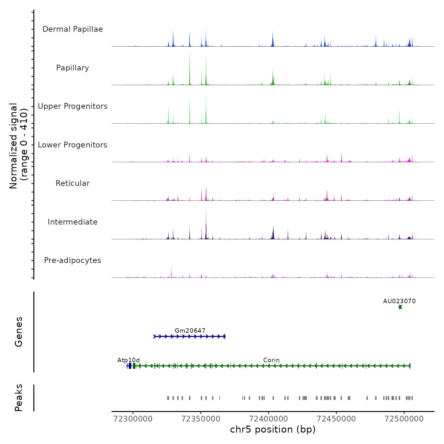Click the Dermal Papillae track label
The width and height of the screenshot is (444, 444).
coord(73,29)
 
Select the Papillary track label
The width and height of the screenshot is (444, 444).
coord(73,68)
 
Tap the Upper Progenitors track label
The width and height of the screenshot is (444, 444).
coord(73,106)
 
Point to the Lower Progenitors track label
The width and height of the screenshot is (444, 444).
coord(73,145)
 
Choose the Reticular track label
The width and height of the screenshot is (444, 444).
coord(73,183)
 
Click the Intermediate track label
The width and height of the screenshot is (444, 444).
coord(73,222)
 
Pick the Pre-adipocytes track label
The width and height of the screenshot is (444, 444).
coord(73,260)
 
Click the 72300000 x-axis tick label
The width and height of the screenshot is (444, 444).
coord(133,419)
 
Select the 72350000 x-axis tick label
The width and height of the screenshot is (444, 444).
coord(201,419)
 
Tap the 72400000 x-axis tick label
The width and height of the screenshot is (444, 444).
coord(269,419)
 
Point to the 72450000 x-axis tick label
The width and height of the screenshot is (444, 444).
coord(336,419)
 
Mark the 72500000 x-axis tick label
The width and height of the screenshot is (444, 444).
coord(404,419)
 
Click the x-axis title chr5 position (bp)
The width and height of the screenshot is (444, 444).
coord(273,430)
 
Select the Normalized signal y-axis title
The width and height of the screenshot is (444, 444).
coord(18,146)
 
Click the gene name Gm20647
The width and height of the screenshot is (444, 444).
coord(190,331)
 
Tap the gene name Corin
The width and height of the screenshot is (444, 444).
coord(271,360)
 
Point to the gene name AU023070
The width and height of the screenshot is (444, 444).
coord(399,301)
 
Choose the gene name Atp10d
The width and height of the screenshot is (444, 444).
coord(128,360)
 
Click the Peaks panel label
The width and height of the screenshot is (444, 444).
coord(19,398)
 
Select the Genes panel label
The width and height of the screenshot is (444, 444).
coord(19,332)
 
